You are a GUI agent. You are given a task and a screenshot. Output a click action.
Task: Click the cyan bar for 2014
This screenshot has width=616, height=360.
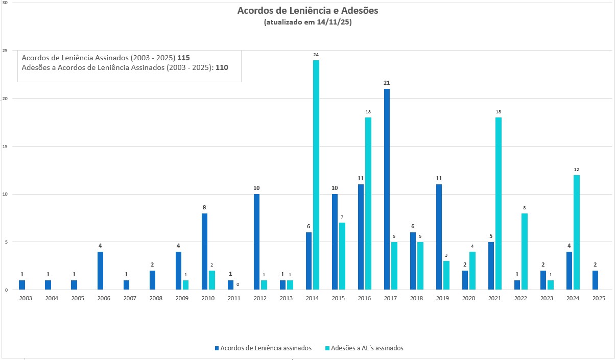click(316, 175)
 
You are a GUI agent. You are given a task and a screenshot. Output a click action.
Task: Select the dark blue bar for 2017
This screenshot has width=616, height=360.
click(387, 189)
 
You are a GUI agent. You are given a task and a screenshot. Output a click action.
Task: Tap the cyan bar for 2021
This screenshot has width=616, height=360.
click(499, 203)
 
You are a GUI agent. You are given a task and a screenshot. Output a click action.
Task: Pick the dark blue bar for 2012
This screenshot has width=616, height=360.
click(256, 242)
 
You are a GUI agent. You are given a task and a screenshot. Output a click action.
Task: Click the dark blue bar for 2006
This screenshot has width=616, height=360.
click(100, 271)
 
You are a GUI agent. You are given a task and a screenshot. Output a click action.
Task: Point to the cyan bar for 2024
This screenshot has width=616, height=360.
click(577, 232)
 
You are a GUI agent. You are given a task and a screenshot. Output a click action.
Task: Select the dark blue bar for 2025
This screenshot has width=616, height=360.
click(596, 280)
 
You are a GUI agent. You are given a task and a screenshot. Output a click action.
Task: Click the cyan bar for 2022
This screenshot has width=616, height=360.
click(525, 251)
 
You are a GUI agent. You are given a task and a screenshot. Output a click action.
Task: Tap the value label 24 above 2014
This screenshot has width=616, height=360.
click(316, 55)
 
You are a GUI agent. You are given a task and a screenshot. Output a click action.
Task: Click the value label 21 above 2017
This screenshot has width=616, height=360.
click(387, 83)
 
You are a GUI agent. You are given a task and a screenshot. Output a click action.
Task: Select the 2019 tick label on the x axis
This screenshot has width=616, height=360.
click(442, 299)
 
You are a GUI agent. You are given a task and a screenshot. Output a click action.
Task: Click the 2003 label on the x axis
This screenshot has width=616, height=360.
click(25, 299)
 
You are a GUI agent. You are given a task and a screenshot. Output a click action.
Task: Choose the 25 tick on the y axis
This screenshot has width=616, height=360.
click(5, 51)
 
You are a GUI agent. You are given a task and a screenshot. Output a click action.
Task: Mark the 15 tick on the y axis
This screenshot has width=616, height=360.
click(5, 146)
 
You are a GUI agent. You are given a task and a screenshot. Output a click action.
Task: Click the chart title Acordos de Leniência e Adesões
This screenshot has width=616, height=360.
click(307, 11)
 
